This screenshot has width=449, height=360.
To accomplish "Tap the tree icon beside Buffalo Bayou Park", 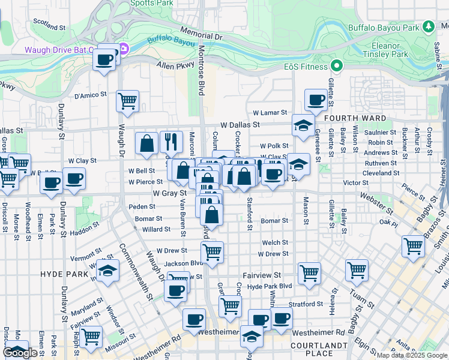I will coord(428,27).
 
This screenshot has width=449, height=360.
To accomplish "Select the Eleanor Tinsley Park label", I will coord(384,50).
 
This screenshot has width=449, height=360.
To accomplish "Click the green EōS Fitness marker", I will coord(337,65).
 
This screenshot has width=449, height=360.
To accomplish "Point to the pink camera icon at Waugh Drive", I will coord(123,49).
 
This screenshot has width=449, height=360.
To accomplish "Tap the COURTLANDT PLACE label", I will coord(318,350).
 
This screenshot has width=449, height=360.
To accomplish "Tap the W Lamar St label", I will coord(270,112).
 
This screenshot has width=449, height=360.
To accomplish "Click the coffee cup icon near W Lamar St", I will coord(316,100).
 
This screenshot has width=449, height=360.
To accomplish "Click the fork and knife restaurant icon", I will coord(172,142).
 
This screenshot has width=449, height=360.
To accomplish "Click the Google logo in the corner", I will coord(20,353).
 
